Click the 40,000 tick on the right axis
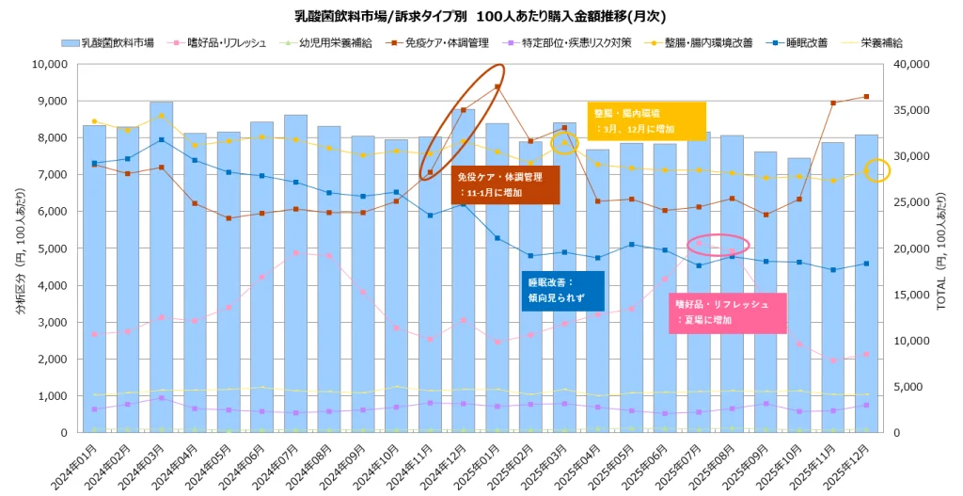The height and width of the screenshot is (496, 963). point(909,64)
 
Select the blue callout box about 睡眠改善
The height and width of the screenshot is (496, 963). point(562,289)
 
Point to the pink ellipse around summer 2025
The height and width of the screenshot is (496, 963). point(718,244)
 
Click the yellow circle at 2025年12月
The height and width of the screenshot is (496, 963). point(876,170)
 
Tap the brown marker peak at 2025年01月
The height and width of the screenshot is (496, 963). point(497,87)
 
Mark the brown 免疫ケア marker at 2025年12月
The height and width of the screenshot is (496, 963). point(866,97)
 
